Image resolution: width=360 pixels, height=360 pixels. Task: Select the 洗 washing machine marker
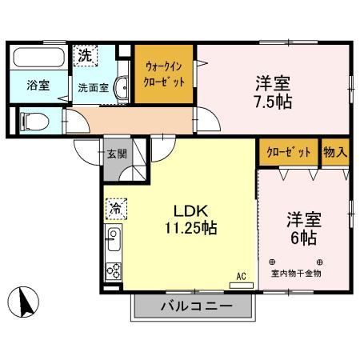click(86, 58)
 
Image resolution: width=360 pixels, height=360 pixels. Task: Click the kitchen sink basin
click(113, 240)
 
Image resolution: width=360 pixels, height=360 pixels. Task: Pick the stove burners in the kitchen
click(113, 270)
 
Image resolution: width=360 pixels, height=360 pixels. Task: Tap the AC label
click(239, 278)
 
